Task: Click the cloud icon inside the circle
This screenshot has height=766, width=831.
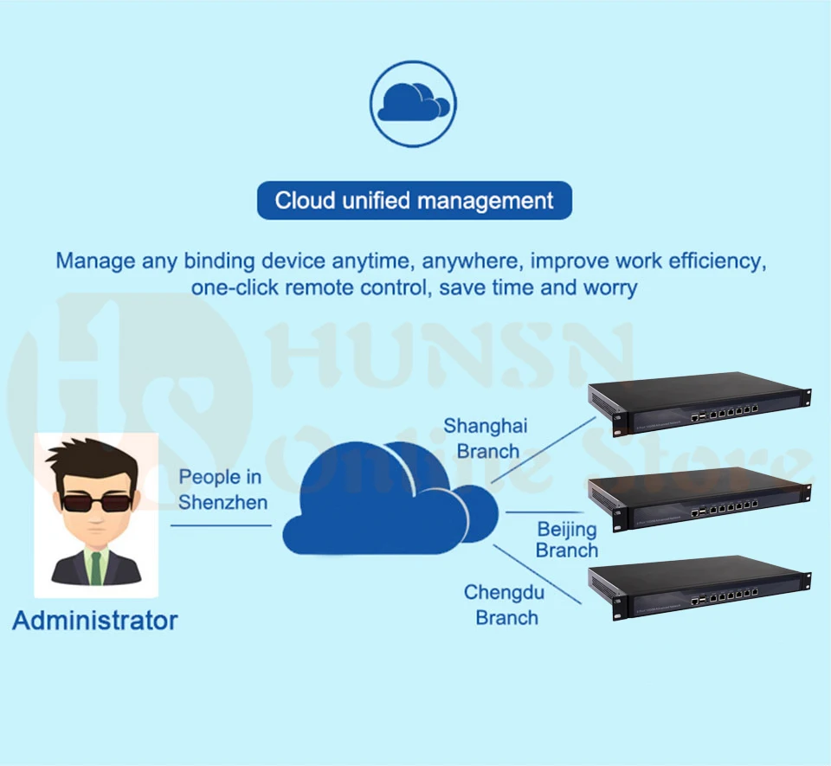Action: [413, 102]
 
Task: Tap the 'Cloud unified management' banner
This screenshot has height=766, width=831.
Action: [415, 200]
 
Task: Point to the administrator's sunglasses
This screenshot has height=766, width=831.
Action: [96, 502]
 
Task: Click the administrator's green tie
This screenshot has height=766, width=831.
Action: [96, 568]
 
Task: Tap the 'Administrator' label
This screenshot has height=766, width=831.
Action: [95, 621]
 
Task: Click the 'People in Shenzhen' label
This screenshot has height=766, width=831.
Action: [222, 490]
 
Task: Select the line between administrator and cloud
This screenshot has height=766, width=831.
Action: [221, 525]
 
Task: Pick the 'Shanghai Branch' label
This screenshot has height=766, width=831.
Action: [486, 438]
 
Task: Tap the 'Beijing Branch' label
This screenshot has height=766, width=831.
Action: [566, 539]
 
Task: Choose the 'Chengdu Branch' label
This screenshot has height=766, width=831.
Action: [505, 605]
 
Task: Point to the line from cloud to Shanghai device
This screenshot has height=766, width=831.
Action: [544, 450]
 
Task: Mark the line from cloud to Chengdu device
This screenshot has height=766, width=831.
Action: [538, 574]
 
